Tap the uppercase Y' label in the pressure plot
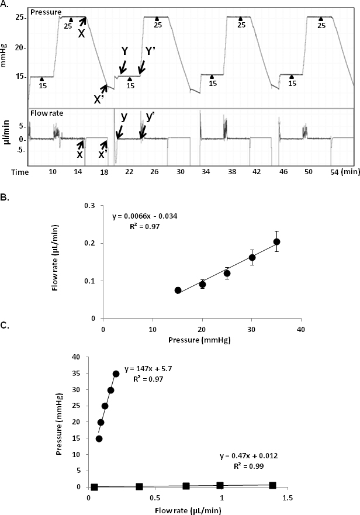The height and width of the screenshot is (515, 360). coord(150,51)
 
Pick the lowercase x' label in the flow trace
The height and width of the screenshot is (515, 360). coord(102,154)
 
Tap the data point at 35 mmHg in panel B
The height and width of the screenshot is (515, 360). coord(277,241)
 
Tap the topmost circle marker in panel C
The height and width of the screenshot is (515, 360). coord(116,373)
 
